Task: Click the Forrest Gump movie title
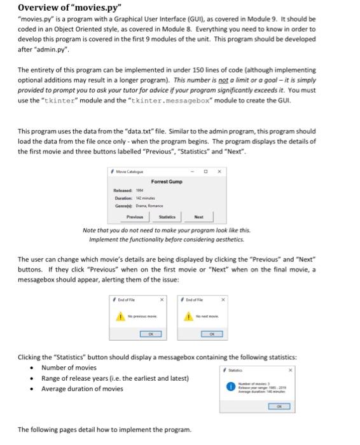point(167,182)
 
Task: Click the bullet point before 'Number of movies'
point(30,368)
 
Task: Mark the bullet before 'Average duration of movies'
point(30,388)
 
